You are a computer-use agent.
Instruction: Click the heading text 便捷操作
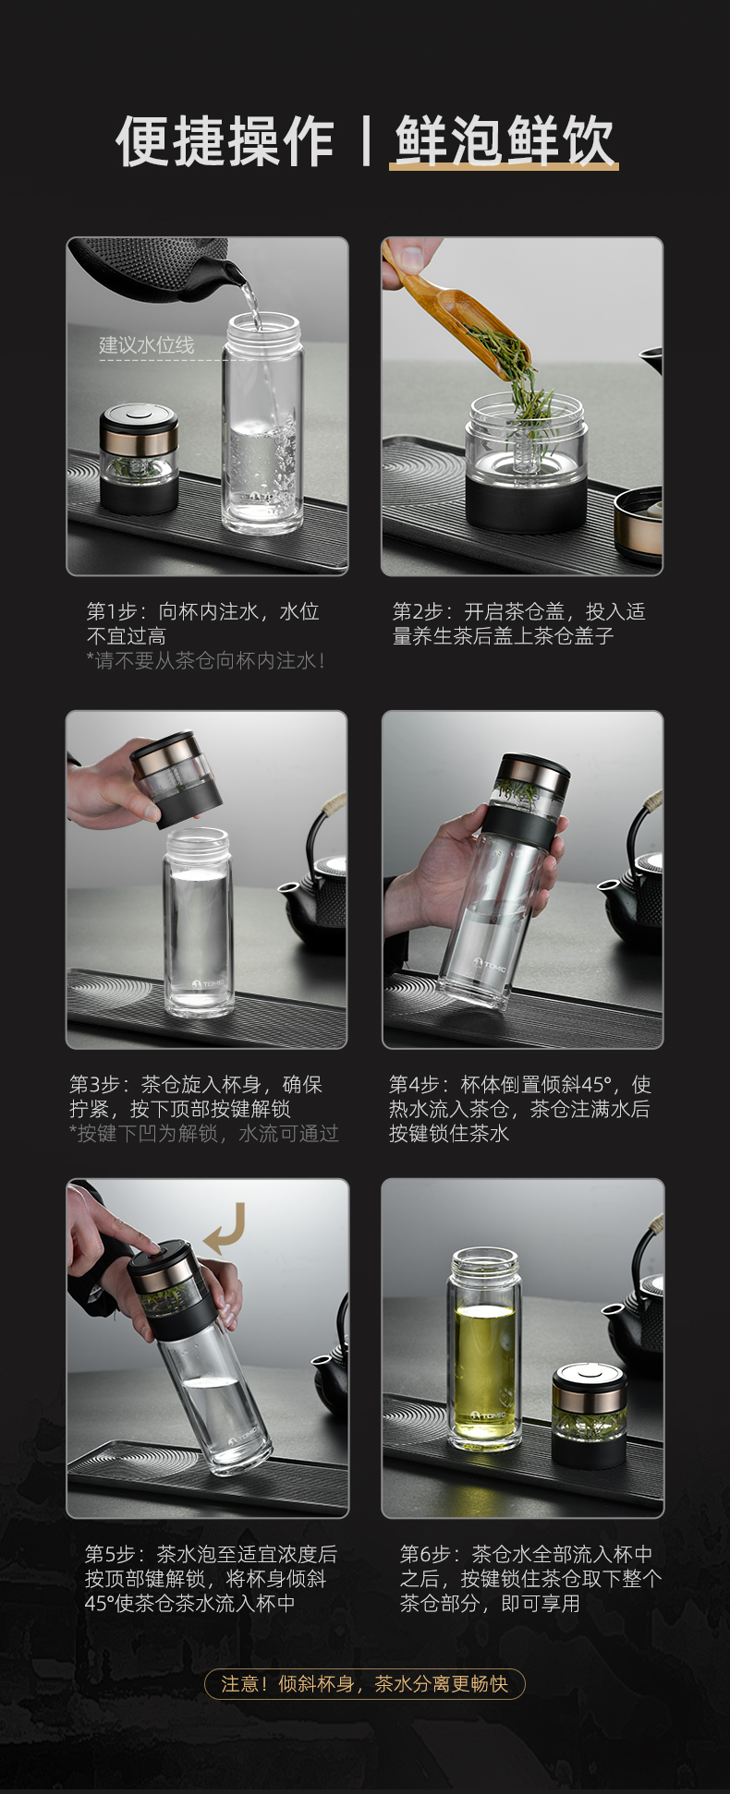tap(225, 141)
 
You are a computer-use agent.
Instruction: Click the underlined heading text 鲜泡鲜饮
tap(504, 141)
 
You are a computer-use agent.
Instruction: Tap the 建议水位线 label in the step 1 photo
tap(147, 345)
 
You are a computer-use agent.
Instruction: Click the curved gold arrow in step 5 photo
tap(226, 1229)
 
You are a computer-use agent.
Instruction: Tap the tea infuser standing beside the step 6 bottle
tap(589, 1414)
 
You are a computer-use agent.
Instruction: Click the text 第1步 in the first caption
tap(112, 611)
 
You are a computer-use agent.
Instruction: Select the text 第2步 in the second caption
tap(418, 611)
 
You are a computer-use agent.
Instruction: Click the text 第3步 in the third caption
tap(94, 1084)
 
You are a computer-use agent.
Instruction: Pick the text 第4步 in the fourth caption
tap(414, 1084)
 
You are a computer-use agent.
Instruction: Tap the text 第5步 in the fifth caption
tap(110, 1554)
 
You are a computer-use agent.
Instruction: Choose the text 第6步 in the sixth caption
tap(425, 1554)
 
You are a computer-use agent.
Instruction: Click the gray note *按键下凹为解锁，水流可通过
tap(204, 1133)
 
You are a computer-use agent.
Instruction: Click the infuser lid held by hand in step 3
tap(176, 778)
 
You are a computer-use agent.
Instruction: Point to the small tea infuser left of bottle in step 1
tap(140, 459)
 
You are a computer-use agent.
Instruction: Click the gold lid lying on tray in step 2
tap(639, 525)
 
